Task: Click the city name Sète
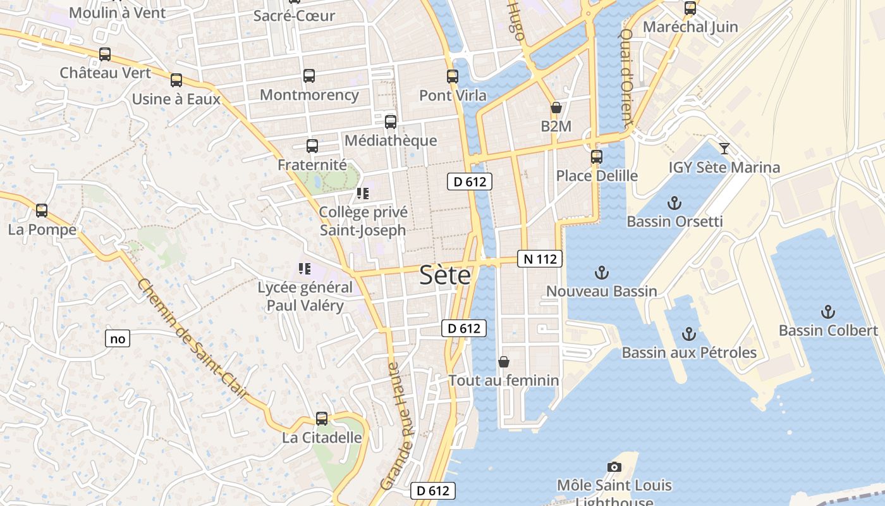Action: point(446,276)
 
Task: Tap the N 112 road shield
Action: point(540,258)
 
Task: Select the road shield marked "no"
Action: point(118,339)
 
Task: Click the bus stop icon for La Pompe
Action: point(42,211)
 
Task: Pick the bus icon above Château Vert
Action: point(105,54)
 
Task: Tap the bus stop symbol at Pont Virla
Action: point(453,77)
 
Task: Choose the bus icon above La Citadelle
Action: point(322,419)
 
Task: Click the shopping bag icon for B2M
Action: point(556,108)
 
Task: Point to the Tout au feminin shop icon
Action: point(504,362)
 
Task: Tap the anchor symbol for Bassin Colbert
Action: point(827,312)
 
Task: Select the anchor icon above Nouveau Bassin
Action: point(602,273)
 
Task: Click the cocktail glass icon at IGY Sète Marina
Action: point(724,149)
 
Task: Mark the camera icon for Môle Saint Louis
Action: point(614,467)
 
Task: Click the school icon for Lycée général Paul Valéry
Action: point(305,269)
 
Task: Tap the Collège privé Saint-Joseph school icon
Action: point(363,194)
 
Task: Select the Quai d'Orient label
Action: point(625,78)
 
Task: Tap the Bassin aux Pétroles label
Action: point(689,352)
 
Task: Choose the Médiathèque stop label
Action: point(391,140)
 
